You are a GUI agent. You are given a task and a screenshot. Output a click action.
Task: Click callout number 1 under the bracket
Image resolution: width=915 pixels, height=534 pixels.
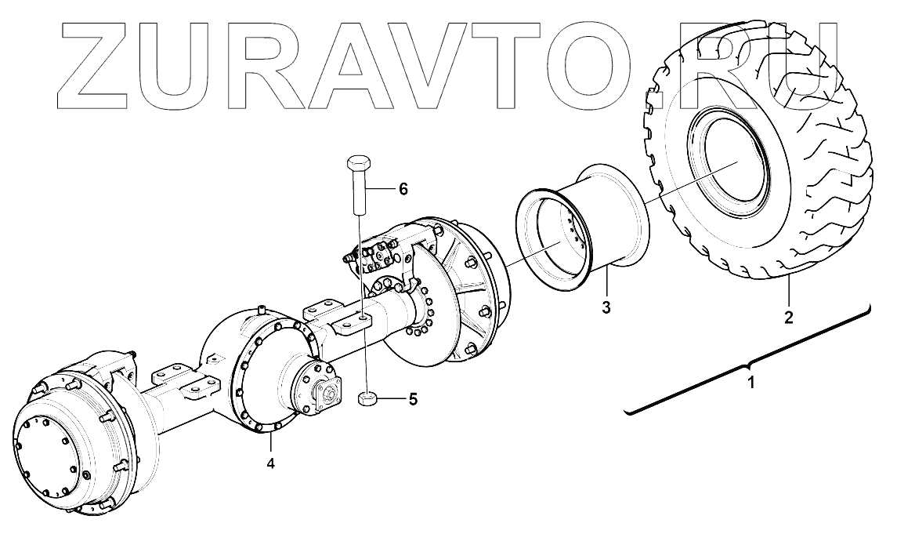tap(752, 384)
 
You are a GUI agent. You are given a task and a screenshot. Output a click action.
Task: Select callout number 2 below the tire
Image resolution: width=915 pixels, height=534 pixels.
tap(789, 318)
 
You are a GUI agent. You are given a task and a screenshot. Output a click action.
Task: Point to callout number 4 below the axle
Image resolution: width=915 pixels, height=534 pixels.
tap(270, 463)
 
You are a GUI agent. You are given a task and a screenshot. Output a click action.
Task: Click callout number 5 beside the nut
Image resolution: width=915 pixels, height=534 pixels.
tap(413, 399)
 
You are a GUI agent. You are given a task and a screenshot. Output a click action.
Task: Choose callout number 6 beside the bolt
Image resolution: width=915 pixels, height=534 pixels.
tap(403, 188)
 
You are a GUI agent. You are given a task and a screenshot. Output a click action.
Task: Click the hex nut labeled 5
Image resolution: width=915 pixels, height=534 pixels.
tap(367, 399)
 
